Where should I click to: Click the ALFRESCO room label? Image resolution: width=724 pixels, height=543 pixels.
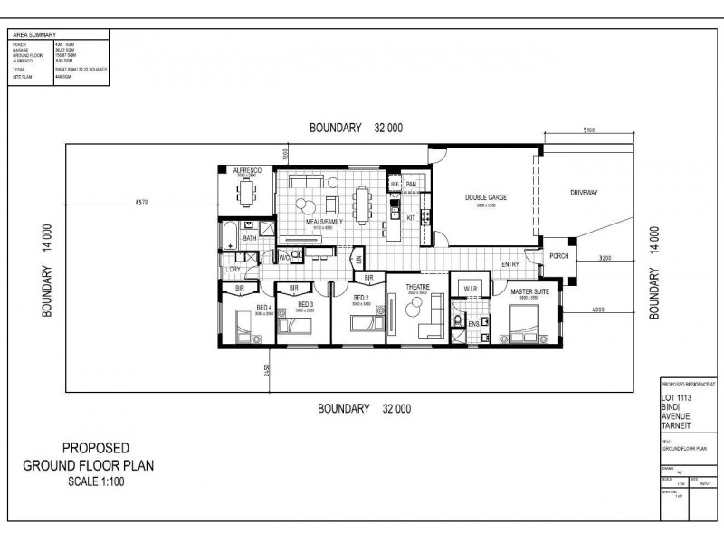click(x=247, y=170)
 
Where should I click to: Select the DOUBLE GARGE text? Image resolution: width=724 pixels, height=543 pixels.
click(x=486, y=198)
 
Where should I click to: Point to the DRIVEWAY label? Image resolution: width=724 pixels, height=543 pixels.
click(x=586, y=193)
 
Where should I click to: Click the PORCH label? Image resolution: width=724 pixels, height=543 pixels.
click(x=558, y=256)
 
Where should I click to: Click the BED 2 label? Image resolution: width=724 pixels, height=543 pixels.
click(x=360, y=298)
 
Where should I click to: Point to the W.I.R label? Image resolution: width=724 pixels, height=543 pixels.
click(x=470, y=290)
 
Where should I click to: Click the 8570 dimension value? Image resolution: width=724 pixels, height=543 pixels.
click(x=140, y=201)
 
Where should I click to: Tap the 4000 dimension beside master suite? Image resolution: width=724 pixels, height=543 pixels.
click(x=598, y=311)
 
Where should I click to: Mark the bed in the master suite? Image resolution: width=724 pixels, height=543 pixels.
click(x=523, y=322)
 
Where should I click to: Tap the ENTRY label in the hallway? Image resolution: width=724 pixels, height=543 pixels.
click(x=510, y=264)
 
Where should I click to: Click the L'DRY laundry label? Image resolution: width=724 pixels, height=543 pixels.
click(x=233, y=270)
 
